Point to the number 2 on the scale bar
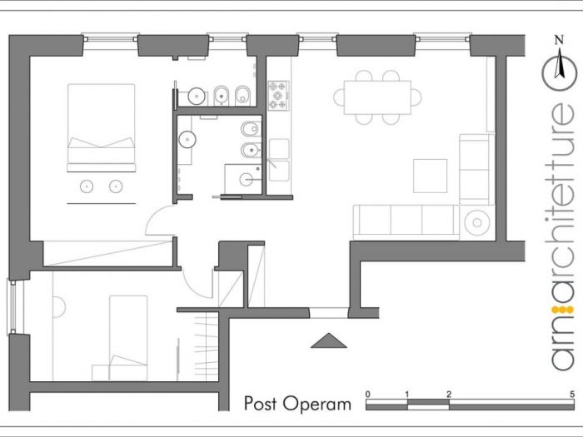click(x=449, y=394)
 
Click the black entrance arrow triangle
click(x=326, y=340)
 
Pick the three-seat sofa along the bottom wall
click(x=406, y=221)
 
